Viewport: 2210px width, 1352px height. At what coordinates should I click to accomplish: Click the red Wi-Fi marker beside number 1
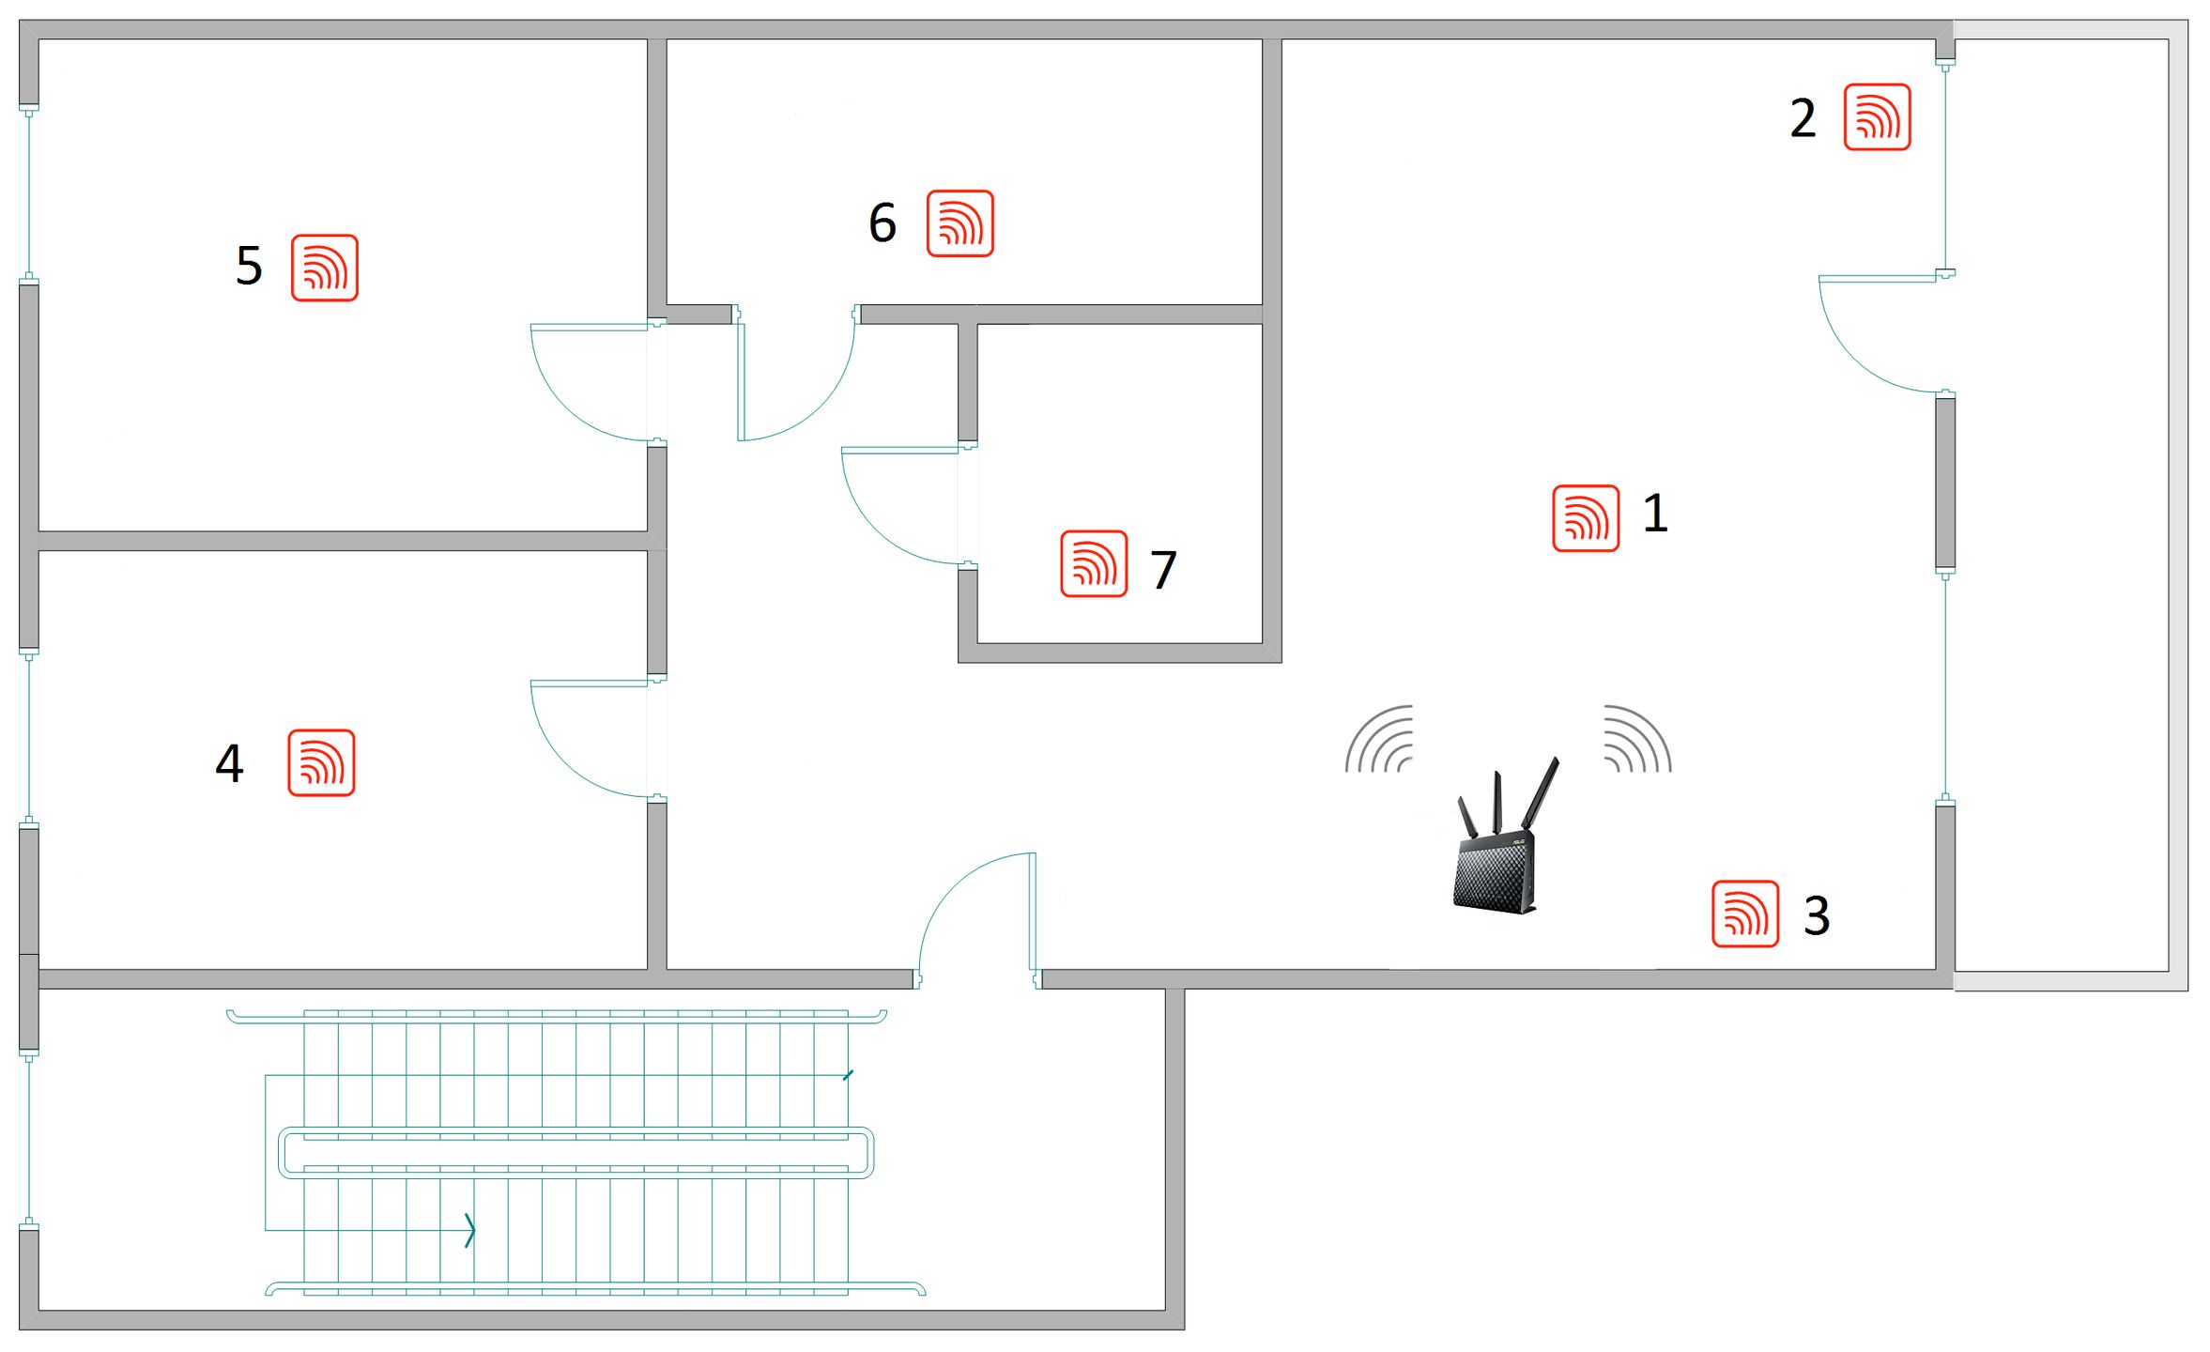coord(1586,518)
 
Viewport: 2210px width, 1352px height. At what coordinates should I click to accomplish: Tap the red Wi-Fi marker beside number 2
coord(1877,116)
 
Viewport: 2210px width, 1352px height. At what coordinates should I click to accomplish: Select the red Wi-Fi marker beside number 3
coord(1745,914)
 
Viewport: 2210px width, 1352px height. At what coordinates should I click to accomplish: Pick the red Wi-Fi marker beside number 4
coord(321,762)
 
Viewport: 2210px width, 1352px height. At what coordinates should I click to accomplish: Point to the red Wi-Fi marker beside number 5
coord(325,268)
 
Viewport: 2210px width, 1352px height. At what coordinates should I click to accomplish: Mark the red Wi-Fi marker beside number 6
coord(959,223)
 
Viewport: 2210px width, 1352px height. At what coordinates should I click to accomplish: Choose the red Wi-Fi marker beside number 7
coord(1094,563)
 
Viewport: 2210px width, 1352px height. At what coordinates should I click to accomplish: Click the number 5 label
coord(249,266)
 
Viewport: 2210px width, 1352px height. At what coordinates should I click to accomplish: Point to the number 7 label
coord(1163,570)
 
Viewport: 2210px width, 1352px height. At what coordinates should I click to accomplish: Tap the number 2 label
coord(1803,119)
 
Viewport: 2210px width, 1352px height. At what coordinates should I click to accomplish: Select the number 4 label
coord(230,763)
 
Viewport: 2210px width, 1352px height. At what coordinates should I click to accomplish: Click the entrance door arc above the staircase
coord(953,887)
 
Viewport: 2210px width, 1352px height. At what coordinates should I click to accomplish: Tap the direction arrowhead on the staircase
coord(470,1230)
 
